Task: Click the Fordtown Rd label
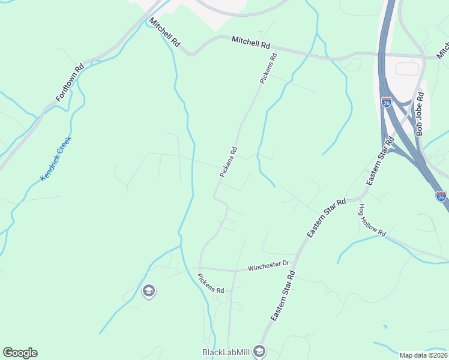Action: click(x=70, y=83)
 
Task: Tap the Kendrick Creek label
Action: click(x=56, y=158)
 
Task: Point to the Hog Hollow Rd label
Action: click(x=372, y=220)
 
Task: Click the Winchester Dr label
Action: click(x=269, y=264)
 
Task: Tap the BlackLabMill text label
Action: click(x=226, y=352)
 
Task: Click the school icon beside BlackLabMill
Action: click(x=259, y=351)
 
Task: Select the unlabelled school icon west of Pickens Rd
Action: click(x=148, y=292)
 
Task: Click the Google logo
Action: click(x=20, y=353)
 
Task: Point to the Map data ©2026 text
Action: click(x=423, y=355)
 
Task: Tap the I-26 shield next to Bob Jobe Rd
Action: click(x=387, y=103)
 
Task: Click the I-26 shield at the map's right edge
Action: click(x=441, y=196)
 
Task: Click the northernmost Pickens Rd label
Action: click(x=268, y=69)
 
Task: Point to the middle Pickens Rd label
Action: click(x=229, y=162)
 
